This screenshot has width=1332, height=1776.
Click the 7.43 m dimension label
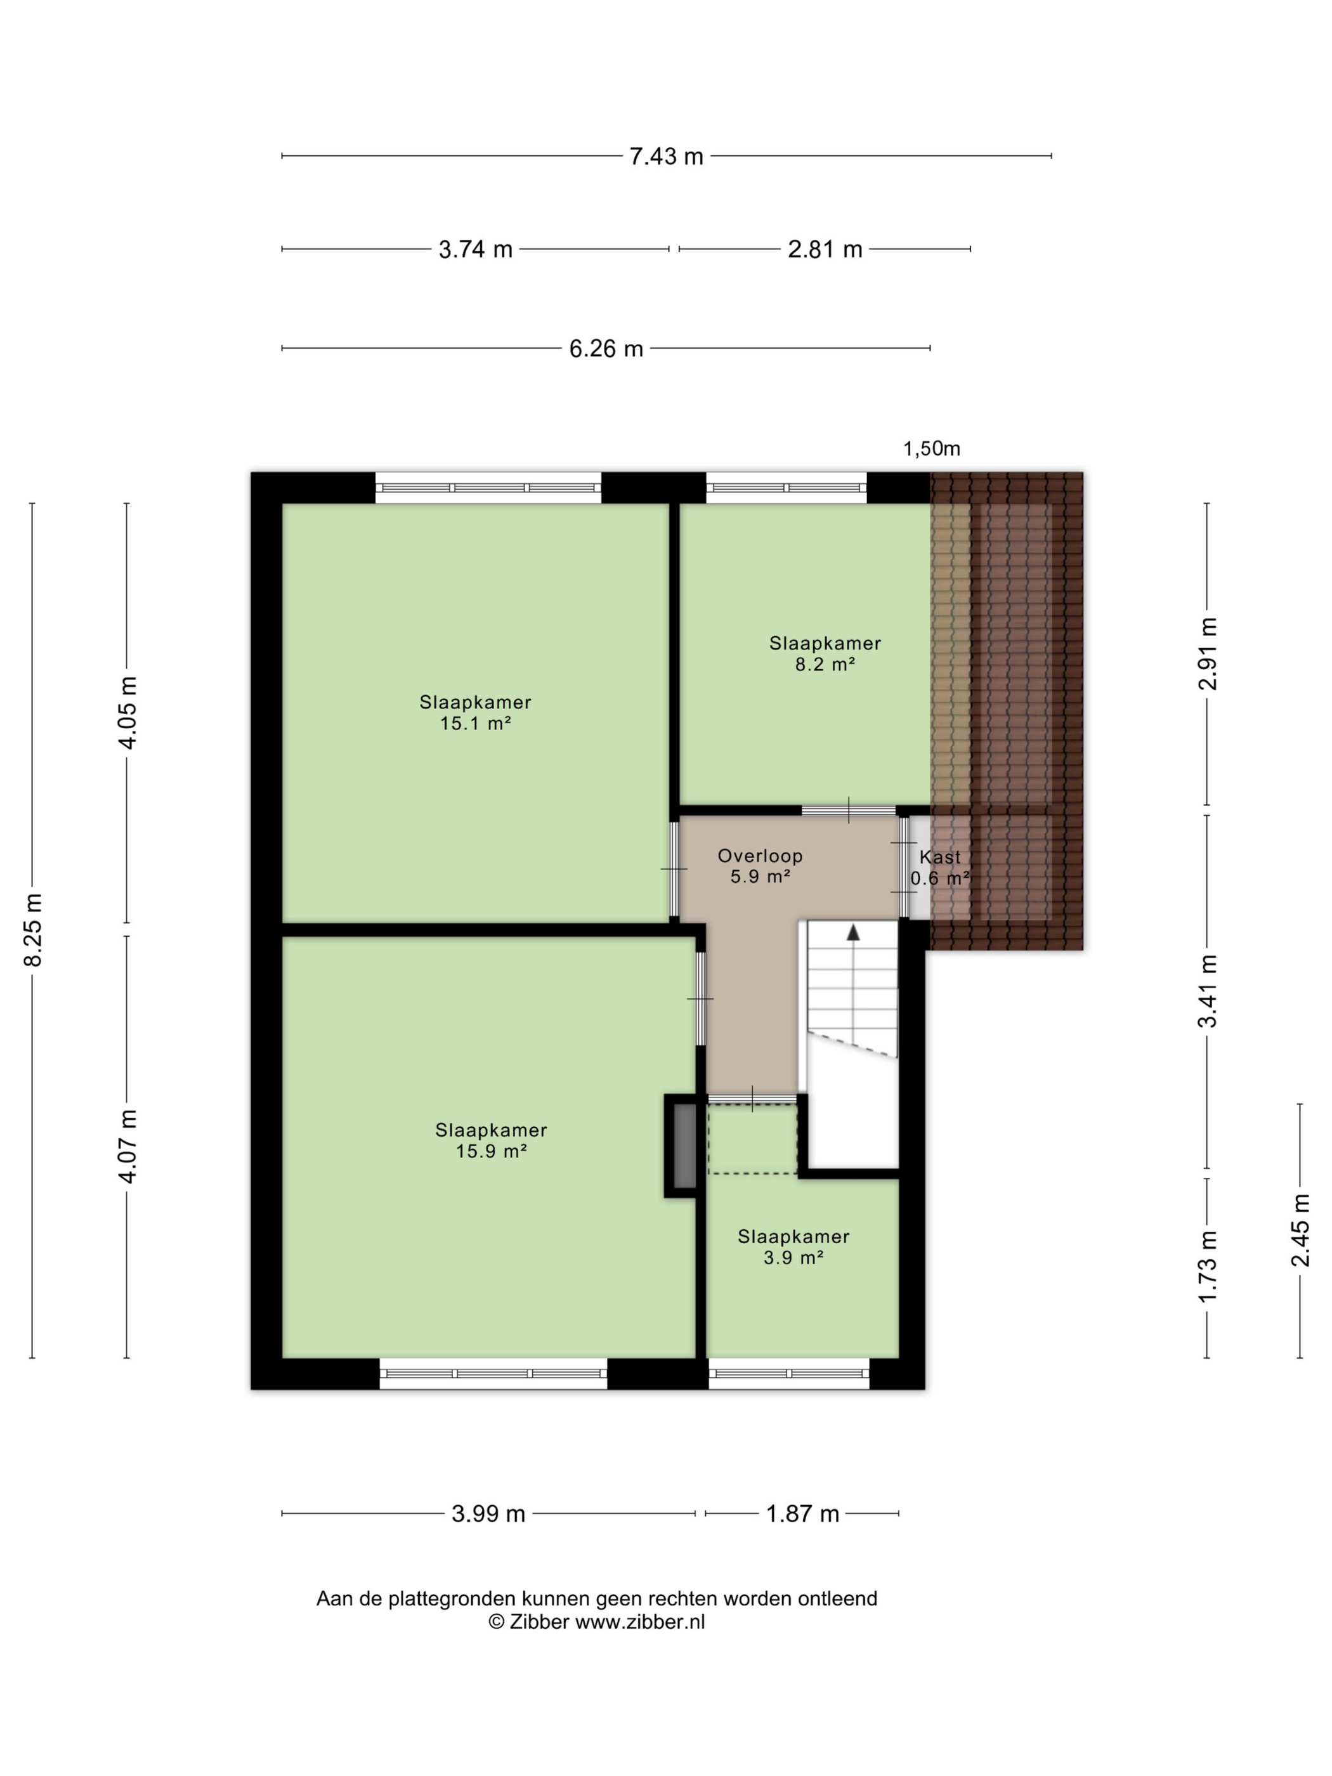(665, 156)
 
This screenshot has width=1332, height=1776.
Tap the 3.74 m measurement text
(475, 249)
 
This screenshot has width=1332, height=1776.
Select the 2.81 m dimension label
(825, 249)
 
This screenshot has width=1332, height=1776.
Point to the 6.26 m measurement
(606, 348)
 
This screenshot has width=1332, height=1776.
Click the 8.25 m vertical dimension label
(33, 929)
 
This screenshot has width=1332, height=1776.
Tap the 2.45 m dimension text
(1300, 1230)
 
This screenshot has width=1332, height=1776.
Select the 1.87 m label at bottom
(802, 1513)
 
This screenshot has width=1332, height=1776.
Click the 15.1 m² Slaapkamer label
(475, 712)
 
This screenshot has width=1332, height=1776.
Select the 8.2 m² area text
(825, 665)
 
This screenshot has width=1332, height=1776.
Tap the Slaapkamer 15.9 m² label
(492, 1140)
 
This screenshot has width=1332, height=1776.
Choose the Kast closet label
(940, 857)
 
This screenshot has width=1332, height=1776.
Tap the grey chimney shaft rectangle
(684, 1146)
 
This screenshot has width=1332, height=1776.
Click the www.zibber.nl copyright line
(597, 1622)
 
